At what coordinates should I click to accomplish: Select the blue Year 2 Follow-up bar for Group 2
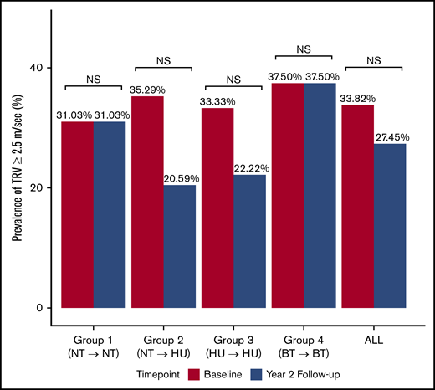coord(181,246)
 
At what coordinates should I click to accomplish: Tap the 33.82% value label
coord(356,97)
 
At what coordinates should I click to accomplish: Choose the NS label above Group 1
coord(94,78)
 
